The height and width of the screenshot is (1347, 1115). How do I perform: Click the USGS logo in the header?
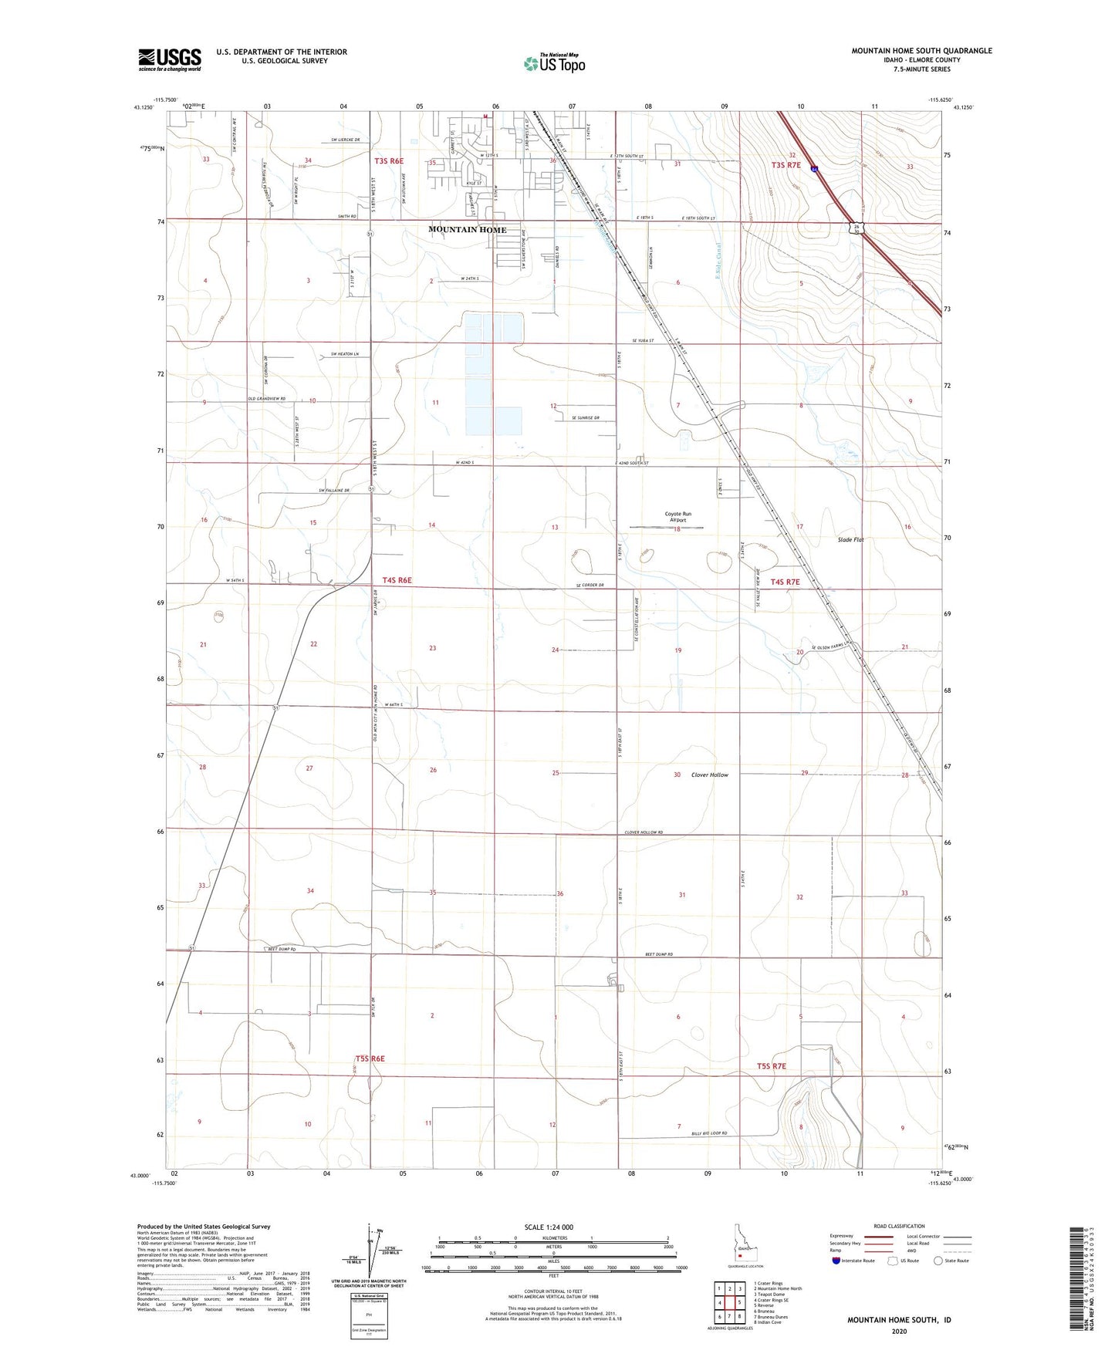pyautogui.click(x=169, y=59)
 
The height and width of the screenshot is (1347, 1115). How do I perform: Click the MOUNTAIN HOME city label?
pyautogui.click(x=468, y=230)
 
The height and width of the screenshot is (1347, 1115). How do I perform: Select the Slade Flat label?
pyautogui.click(x=850, y=540)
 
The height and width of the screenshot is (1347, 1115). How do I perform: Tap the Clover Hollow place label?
pyautogui.click(x=709, y=775)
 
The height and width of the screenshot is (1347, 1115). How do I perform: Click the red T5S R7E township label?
pyautogui.click(x=771, y=1066)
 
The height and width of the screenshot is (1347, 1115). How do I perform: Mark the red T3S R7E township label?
pyautogui.click(x=787, y=165)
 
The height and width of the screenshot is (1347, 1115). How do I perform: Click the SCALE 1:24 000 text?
pyautogui.click(x=548, y=1227)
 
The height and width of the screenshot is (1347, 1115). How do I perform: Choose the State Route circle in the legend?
pyautogui.click(x=938, y=1261)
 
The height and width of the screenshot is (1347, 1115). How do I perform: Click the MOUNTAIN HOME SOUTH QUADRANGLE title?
pyautogui.click(x=921, y=51)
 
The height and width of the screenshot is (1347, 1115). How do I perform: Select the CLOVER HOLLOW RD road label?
pyautogui.click(x=644, y=832)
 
